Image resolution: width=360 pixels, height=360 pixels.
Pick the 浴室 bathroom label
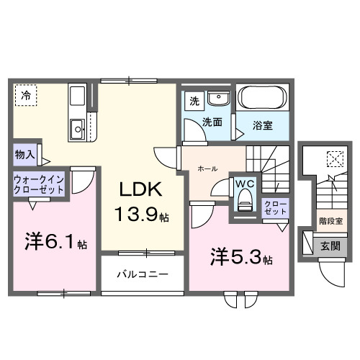pyautogui.click(x=262, y=125)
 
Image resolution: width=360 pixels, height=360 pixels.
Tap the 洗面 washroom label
pyautogui.click(x=212, y=122)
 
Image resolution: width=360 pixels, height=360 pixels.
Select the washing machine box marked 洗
pyautogui.click(x=192, y=102)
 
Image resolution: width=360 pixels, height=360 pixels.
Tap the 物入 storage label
pyautogui.click(x=24, y=154)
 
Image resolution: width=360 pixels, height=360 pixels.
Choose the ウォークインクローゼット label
pyautogui.click(x=37, y=184)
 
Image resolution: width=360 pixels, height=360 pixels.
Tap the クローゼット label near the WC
pyautogui.click(x=274, y=209)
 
